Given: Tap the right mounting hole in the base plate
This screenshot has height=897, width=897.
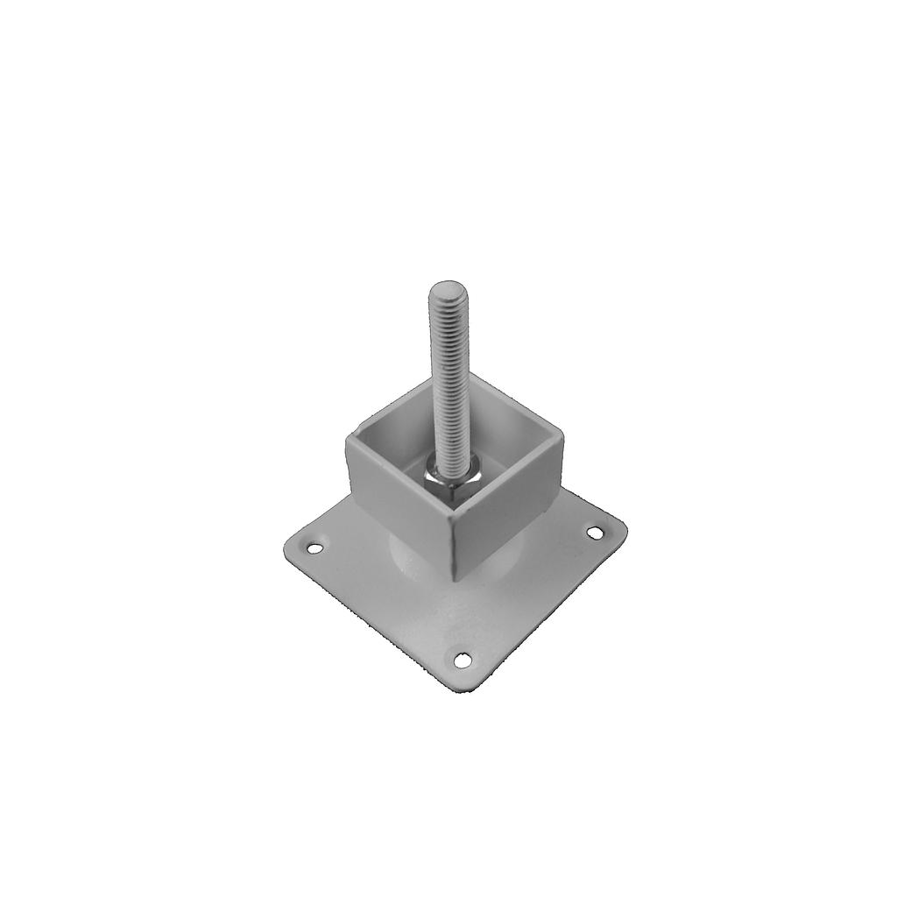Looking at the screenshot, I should pos(596,532).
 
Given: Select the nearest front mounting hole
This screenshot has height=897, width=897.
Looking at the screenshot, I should pos(462,658).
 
